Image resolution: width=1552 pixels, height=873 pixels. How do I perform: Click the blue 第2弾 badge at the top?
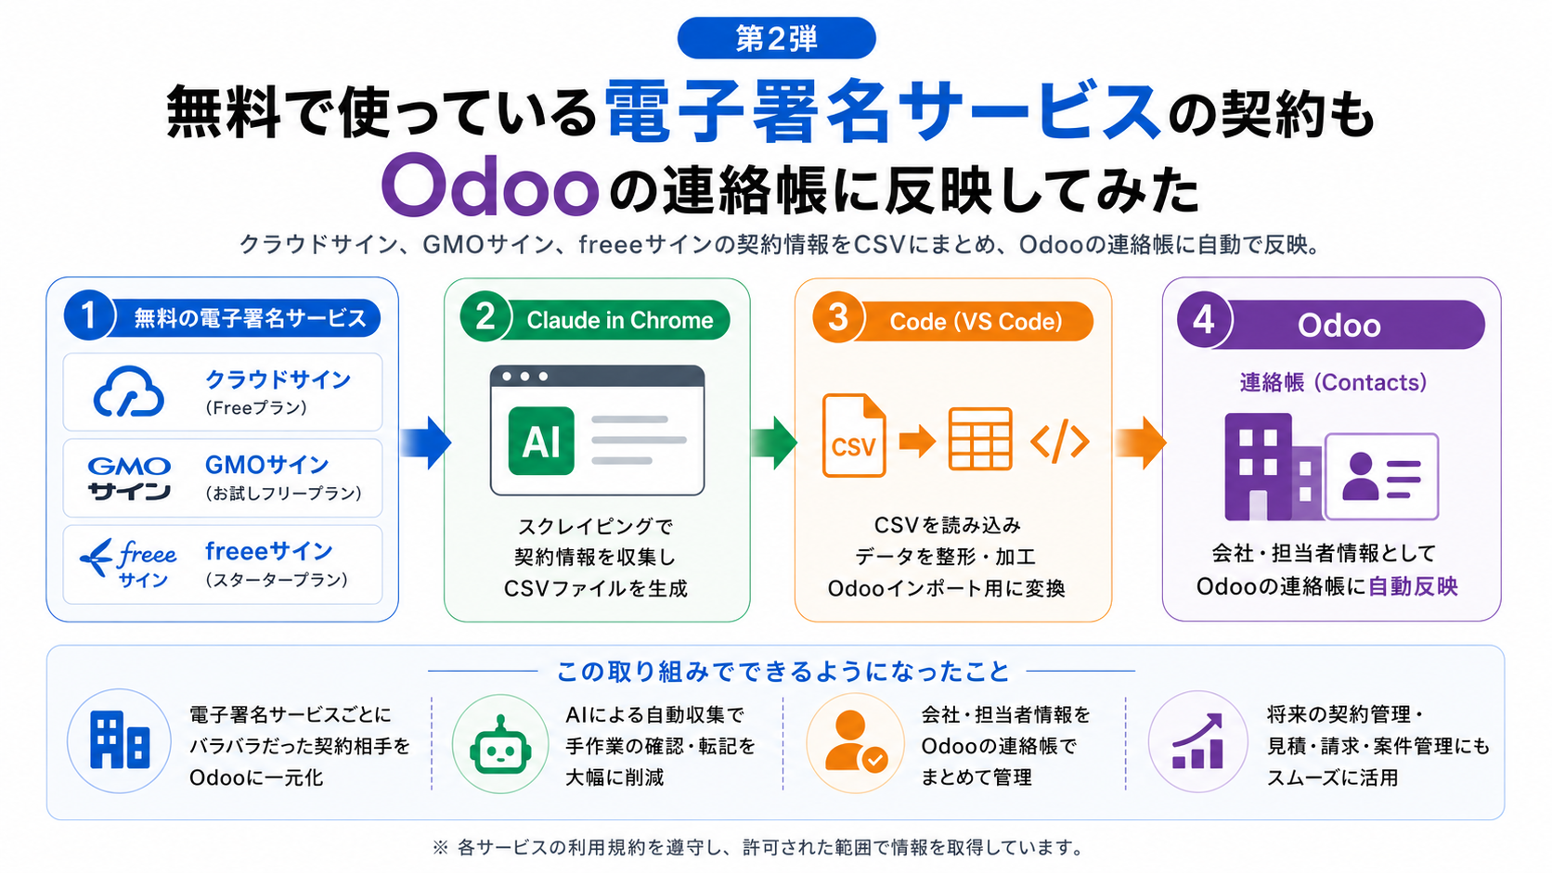tap(776, 38)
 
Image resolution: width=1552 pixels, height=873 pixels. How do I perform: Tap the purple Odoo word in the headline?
tap(490, 185)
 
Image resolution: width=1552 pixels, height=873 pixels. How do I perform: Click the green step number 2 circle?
tap(485, 317)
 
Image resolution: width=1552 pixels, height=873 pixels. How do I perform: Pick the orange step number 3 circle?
tap(838, 318)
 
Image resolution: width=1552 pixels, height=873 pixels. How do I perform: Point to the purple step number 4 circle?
tap(1204, 320)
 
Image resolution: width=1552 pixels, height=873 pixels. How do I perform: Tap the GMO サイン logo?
tap(130, 478)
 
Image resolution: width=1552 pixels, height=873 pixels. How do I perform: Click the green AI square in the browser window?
tap(541, 441)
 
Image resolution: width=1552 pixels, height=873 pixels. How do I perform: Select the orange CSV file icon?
tap(854, 435)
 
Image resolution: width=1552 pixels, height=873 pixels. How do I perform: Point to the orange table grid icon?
tap(979, 439)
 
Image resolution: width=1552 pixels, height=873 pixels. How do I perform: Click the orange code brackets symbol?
tap(1060, 441)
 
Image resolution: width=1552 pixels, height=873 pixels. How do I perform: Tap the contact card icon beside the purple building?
tap(1381, 476)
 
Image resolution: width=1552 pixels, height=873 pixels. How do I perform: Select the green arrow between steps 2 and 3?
tap(773, 443)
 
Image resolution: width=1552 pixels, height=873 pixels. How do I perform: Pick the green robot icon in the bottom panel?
tap(500, 745)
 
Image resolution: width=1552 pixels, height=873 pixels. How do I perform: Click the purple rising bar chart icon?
tap(1197, 742)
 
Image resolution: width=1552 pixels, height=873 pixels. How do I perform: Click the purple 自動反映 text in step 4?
tap(1414, 586)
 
